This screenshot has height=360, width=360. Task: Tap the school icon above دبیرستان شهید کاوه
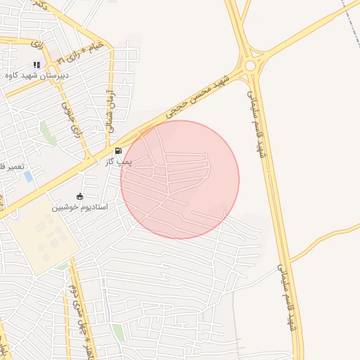tap(37, 65)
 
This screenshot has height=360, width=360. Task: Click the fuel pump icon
tap(117, 150)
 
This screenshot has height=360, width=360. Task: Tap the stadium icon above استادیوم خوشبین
tap(79, 197)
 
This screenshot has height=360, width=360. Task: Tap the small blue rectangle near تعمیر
tap(28, 176)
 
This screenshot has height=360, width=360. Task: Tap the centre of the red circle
tap(180, 180)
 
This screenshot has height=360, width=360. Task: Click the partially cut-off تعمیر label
tap(12, 166)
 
